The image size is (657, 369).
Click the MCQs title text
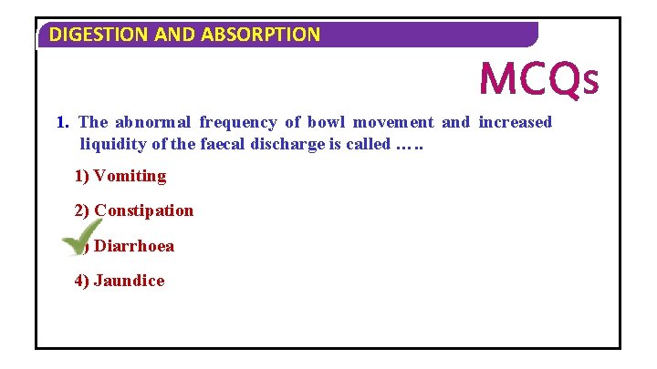[x=538, y=79]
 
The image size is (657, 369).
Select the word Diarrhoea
[x=135, y=246]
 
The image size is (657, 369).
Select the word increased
[x=516, y=122]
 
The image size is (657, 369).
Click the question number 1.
[x=62, y=122]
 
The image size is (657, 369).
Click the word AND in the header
[x=176, y=36]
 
